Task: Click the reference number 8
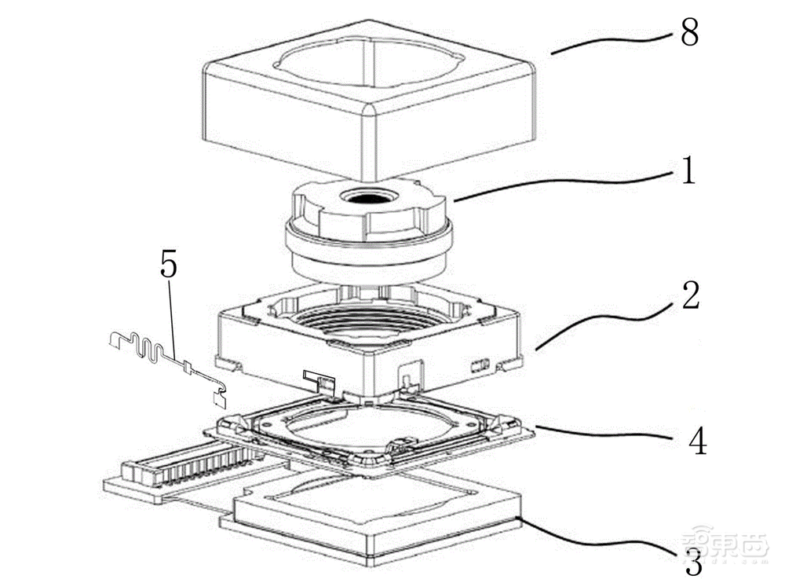(689, 35)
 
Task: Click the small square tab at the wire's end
(219, 398)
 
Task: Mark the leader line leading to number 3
(597, 539)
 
